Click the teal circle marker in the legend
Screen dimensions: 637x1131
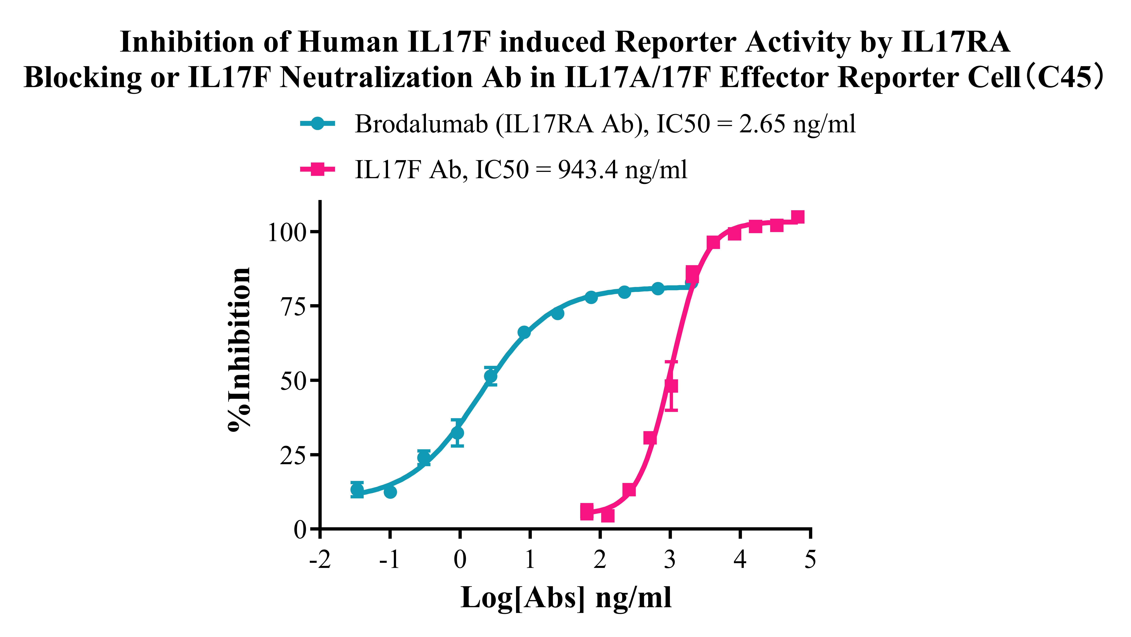point(317,123)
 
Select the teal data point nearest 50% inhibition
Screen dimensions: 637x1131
point(491,376)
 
